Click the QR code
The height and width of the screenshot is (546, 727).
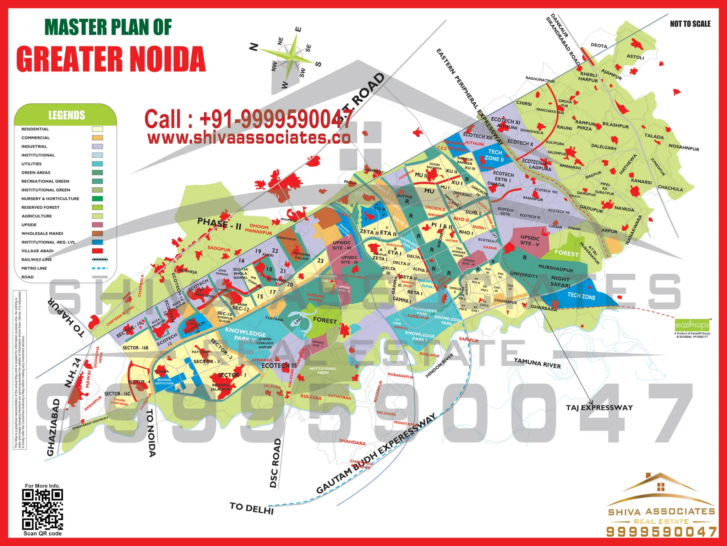point(43,509)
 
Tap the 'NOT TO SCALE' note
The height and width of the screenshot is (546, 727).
point(690,24)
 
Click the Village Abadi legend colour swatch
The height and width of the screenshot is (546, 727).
point(97,251)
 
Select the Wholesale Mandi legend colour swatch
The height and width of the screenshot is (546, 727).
point(97,234)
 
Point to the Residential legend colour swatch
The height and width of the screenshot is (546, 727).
point(97,129)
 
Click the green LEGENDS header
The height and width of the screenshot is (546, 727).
point(66,115)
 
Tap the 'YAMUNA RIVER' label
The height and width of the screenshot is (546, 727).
point(537,363)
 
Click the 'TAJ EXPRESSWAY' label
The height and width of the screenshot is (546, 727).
point(599,407)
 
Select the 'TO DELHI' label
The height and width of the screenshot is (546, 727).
point(251,508)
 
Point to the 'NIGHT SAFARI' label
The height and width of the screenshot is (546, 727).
point(561,282)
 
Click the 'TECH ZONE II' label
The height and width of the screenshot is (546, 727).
point(494,155)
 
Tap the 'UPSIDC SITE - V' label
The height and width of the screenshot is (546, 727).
point(530,240)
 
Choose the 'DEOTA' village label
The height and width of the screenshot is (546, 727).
point(599,45)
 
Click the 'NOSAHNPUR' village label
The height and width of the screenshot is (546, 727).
point(684,147)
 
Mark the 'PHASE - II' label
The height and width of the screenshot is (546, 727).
point(219,224)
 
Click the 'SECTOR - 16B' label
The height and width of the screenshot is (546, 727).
point(135,348)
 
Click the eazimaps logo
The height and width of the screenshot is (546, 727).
point(692,325)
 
